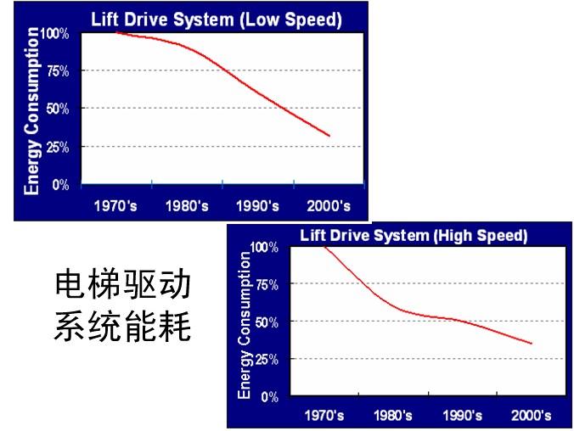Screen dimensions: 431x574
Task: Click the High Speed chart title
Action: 414,234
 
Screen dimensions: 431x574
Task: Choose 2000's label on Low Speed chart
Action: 329,205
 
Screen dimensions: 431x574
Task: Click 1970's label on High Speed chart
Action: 324,416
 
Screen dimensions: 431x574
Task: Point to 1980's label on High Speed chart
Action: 393,416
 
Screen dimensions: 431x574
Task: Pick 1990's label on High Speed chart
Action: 462,416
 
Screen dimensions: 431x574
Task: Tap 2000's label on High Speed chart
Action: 531,416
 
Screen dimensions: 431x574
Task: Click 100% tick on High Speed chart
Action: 265,247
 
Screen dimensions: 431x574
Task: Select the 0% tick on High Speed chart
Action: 269,396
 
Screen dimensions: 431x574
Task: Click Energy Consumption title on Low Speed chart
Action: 32,110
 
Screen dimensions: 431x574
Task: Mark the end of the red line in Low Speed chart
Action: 329,136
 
